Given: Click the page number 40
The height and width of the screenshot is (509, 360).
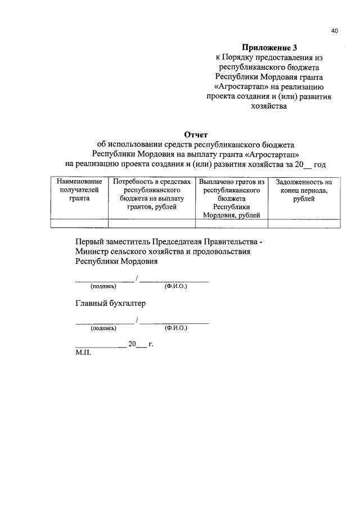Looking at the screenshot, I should [334, 31].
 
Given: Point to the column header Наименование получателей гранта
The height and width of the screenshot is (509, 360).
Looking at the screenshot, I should [80, 190].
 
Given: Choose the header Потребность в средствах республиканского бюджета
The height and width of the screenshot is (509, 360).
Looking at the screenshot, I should [151, 195].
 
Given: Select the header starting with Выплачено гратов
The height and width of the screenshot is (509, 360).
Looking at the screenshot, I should [231, 199].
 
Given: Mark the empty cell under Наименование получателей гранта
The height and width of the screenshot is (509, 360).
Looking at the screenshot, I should [80, 223].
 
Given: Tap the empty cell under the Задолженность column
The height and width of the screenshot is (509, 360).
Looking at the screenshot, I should [304, 223].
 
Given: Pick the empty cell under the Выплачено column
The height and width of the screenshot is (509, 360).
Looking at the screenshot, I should [231, 223].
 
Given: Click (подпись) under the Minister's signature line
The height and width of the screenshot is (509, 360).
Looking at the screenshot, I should [103, 286].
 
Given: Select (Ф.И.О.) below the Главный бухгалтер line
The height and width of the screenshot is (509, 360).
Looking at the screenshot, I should [175, 328].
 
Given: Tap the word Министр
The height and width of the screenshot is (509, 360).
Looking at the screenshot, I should [92, 251].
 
